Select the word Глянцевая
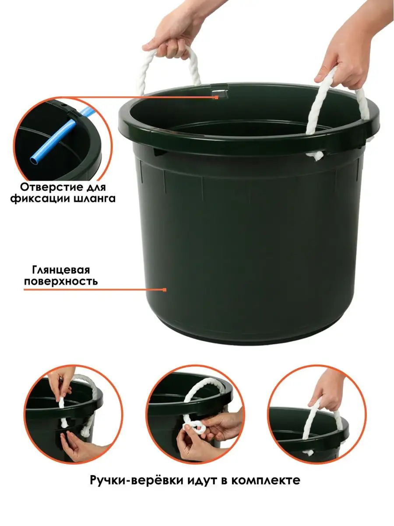coord(61,270)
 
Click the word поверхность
coord(61,281)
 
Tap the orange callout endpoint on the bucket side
coord(165,290)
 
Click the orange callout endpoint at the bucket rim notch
coord(217,97)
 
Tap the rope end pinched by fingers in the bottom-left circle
coord(60,402)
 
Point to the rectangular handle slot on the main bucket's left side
coord(159,152)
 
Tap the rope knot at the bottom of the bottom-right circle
coord(309,452)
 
